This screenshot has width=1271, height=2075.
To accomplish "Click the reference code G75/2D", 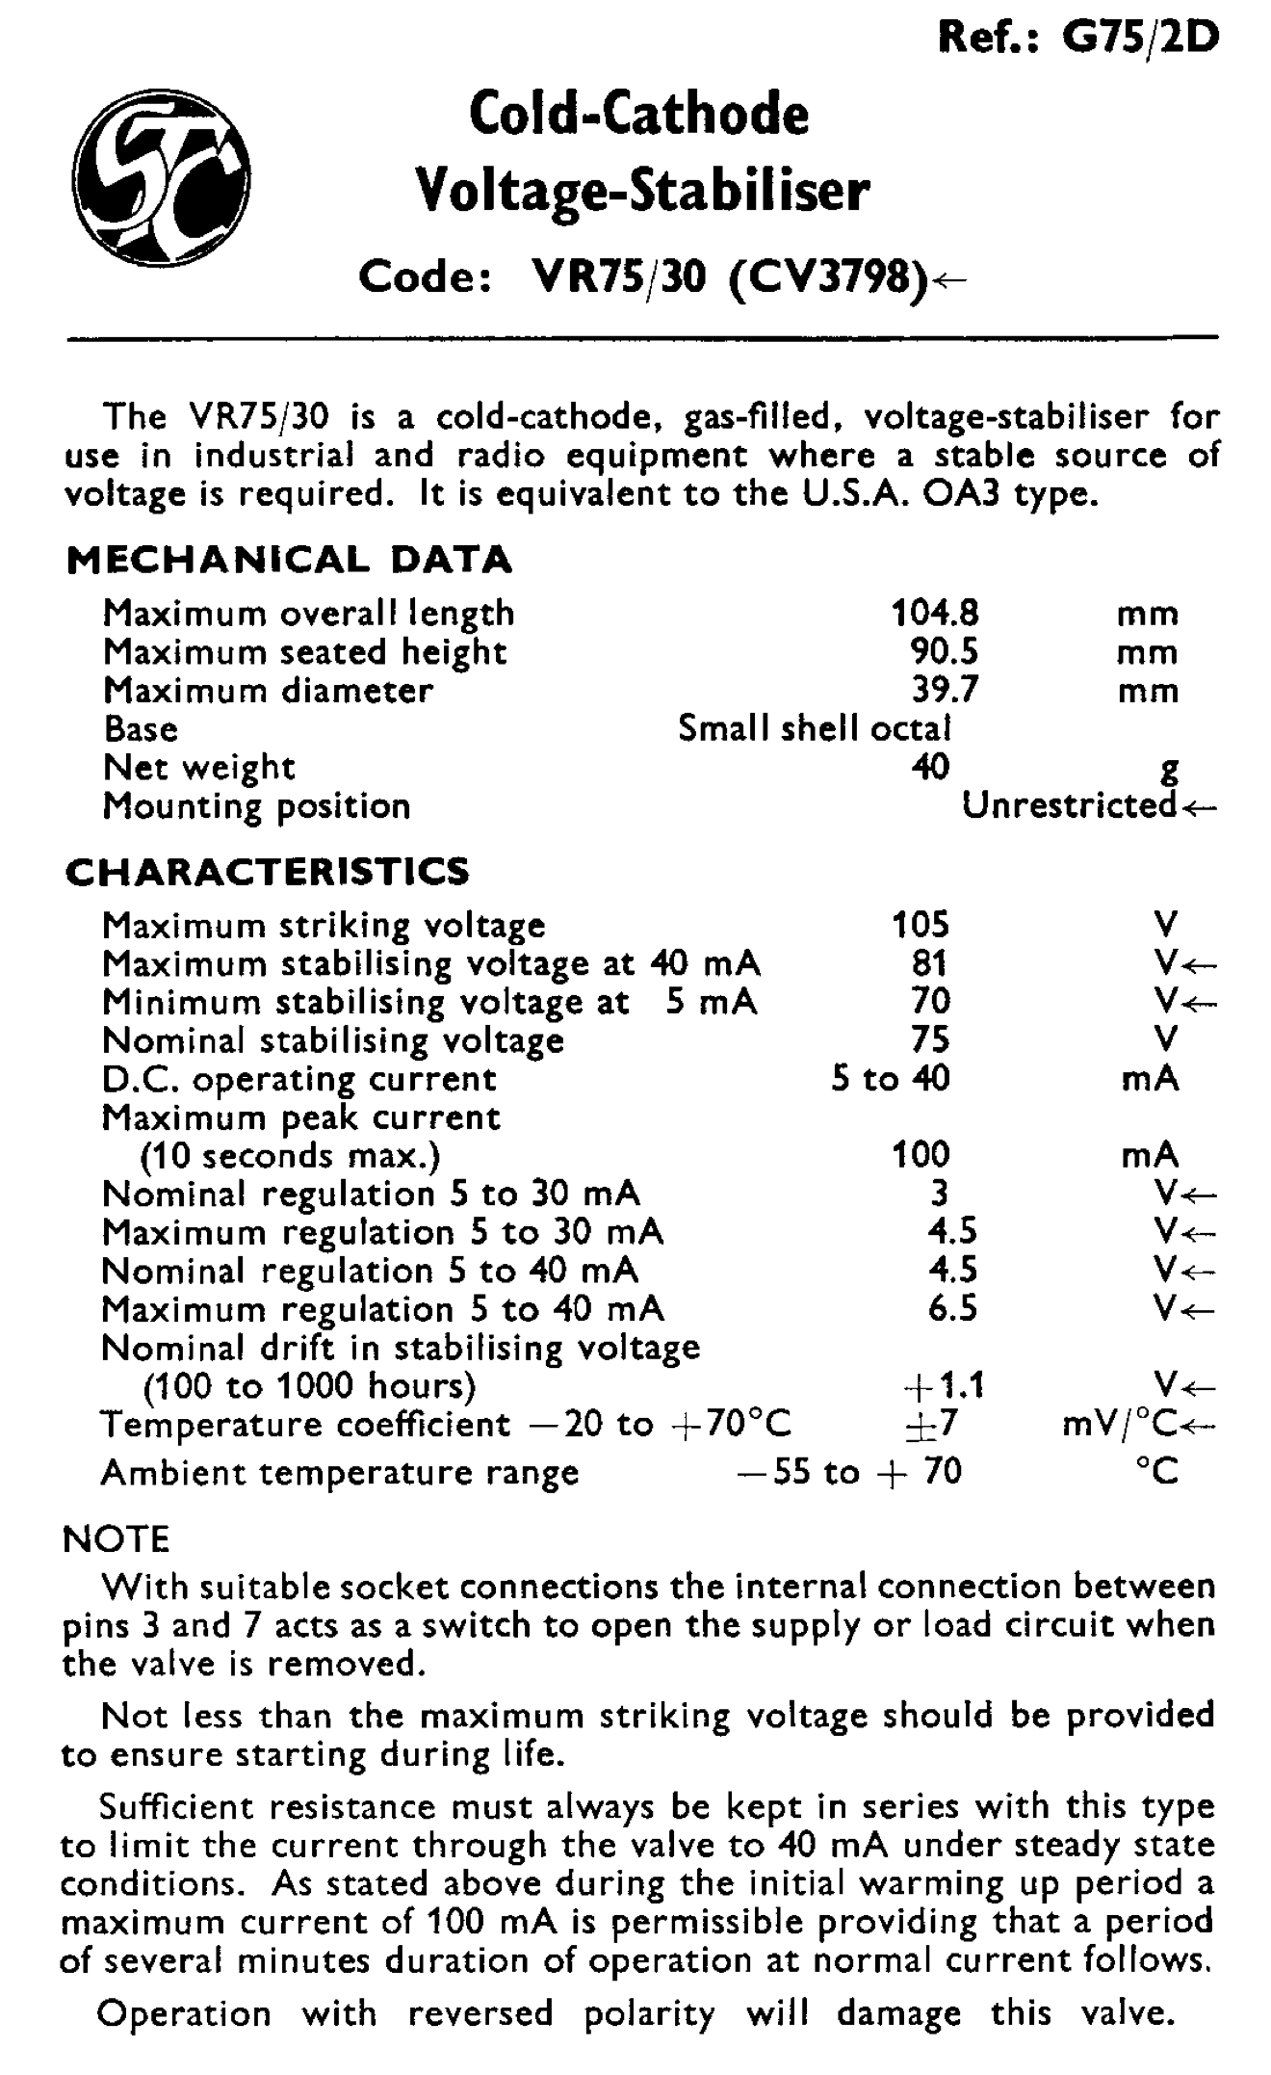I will (1140, 38).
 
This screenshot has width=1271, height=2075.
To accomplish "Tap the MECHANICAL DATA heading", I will (289, 560).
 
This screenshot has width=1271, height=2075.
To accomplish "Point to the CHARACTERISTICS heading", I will (268, 871).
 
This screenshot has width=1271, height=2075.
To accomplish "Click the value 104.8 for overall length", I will (934, 613).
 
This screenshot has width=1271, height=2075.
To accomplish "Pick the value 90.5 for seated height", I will (944, 652).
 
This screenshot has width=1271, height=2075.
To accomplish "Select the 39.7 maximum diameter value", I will (944, 691).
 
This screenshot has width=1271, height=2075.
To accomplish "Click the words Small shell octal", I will (815, 728).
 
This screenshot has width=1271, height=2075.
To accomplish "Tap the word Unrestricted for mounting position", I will (1069, 805).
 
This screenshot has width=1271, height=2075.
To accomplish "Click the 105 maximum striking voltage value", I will (921, 925).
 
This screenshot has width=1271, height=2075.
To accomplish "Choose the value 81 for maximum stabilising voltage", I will (929, 963).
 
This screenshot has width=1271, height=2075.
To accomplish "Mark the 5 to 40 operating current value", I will (891, 1078).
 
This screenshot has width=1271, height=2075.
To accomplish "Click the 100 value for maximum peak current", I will (921, 1154).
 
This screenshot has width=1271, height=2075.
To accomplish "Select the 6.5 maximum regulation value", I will (952, 1309).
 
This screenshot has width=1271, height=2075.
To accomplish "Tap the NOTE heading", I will (116, 1538).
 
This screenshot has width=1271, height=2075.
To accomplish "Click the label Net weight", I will (198, 768).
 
